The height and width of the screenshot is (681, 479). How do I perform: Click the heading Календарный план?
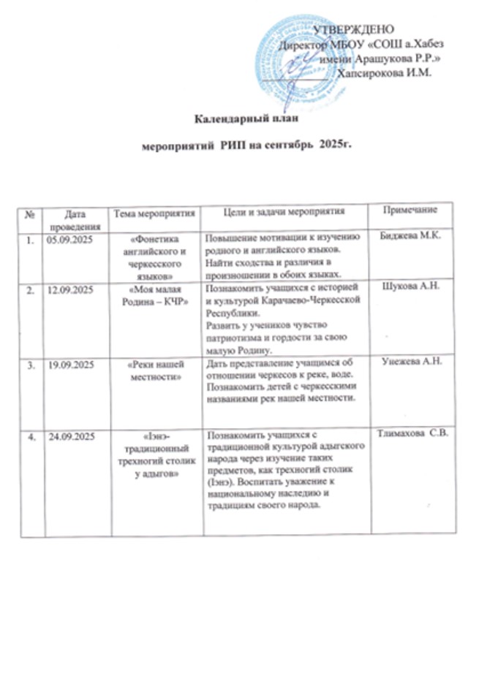coord(244,120)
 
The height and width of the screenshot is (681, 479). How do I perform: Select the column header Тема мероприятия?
coord(153,213)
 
